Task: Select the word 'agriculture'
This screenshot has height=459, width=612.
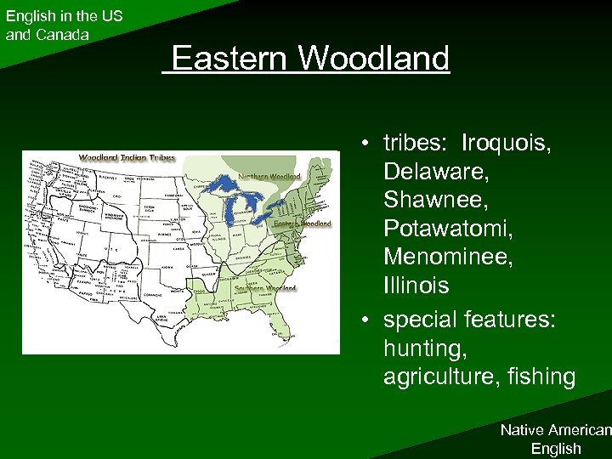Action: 439,376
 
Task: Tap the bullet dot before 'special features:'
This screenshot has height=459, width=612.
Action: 363,318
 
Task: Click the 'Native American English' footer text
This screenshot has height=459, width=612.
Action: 555,439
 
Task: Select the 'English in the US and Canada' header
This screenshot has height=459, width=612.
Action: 64,25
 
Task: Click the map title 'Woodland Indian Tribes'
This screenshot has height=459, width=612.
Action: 127,158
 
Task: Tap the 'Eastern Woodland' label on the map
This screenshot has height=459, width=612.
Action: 303,224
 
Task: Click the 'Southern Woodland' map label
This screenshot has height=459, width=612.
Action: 267,287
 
